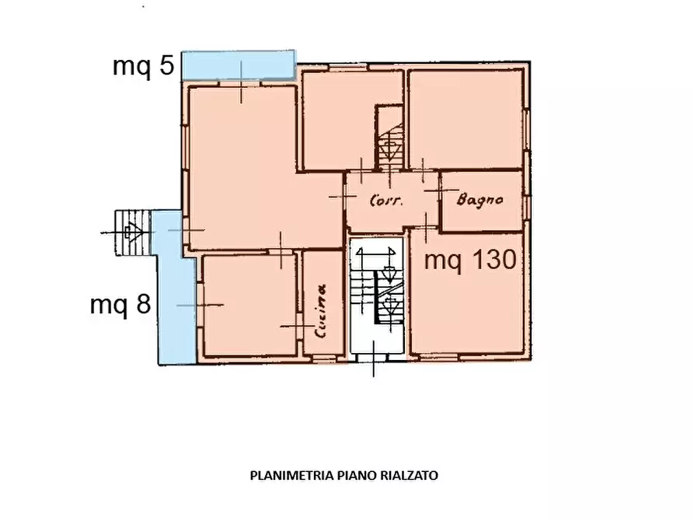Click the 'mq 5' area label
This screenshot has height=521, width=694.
[144, 66]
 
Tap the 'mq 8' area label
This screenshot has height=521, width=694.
[120, 304]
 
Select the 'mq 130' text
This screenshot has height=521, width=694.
[470, 260]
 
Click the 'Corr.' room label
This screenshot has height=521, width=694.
[385, 200]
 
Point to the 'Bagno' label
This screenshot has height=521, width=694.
[480, 200]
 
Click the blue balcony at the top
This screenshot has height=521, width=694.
[238, 65]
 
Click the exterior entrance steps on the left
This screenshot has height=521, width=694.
[131, 232]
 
